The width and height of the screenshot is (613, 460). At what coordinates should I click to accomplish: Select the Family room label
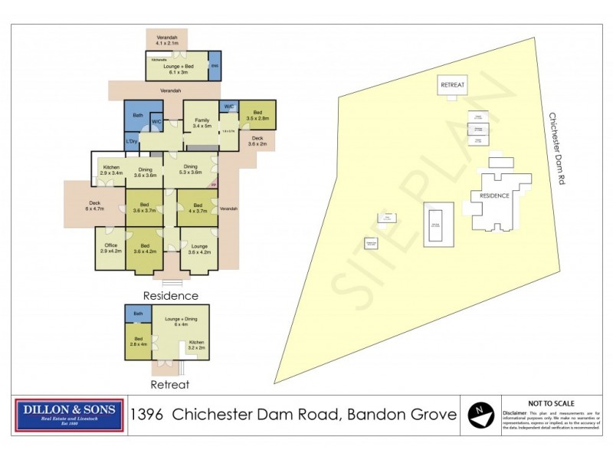pos(202,123)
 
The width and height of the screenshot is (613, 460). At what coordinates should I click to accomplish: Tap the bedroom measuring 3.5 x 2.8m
pos(257,115)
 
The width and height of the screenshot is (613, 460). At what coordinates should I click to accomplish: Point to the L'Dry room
pos(132,142)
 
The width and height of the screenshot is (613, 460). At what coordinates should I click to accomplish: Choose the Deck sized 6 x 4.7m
pos(94,205)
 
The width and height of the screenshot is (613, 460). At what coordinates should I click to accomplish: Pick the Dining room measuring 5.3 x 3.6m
pos(190,170)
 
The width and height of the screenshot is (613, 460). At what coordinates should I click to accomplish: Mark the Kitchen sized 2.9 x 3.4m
pos(111,170)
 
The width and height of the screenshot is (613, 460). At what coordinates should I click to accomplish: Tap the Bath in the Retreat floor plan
pos(138,314)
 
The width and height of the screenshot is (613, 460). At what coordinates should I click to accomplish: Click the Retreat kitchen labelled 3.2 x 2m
pos(196,344)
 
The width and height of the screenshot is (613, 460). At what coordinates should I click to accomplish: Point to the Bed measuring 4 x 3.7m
pos(197,207)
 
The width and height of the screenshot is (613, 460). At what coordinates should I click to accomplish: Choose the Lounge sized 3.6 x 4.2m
pos(198,249)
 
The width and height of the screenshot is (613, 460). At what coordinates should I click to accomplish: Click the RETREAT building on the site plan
pos(452,85)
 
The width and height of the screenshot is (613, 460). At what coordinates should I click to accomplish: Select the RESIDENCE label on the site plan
pos(494,196)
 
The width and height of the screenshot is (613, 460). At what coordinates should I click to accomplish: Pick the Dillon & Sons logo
pos(70,415)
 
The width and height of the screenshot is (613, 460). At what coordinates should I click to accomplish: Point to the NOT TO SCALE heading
pos(552,402)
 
